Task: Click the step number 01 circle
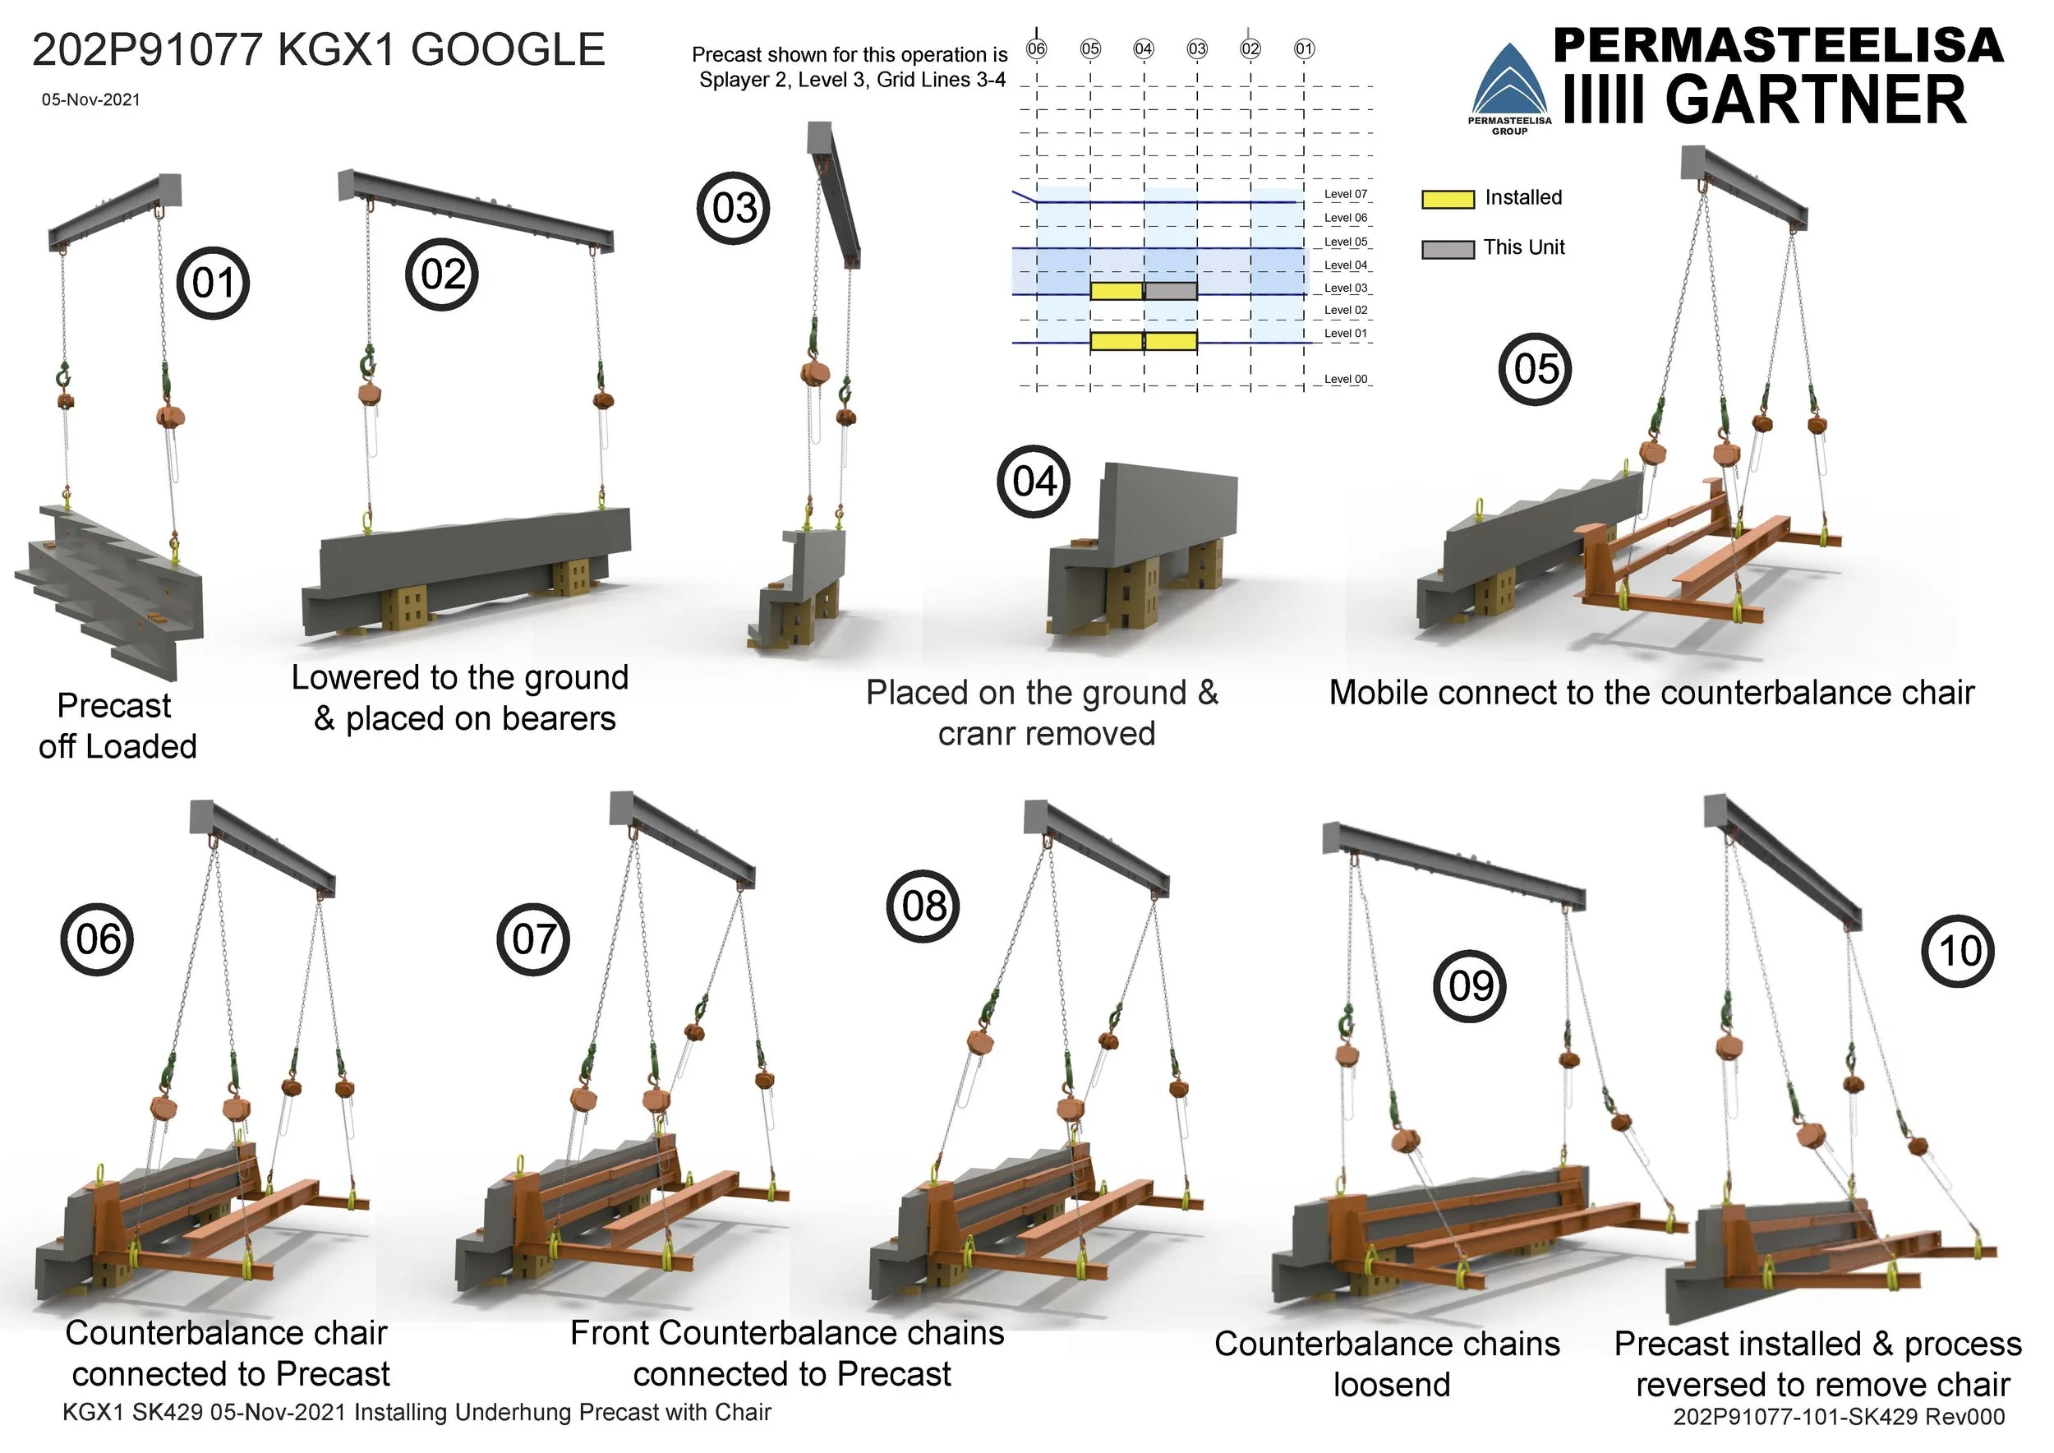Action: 213,284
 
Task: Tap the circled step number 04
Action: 1034,482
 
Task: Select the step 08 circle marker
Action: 923,906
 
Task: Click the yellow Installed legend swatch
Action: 1448,199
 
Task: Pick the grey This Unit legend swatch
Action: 1448,249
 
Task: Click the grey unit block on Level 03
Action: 1170,291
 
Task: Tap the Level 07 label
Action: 1346,194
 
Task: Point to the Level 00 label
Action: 1346,380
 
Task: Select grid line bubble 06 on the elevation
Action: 1036,48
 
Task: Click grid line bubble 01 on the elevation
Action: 1305,48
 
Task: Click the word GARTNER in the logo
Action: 1816,100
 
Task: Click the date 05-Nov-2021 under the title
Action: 90,99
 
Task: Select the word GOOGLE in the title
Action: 508,50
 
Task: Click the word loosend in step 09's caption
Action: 1391,1384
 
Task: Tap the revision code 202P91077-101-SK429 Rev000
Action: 1839,1416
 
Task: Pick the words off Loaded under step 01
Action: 117,746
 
